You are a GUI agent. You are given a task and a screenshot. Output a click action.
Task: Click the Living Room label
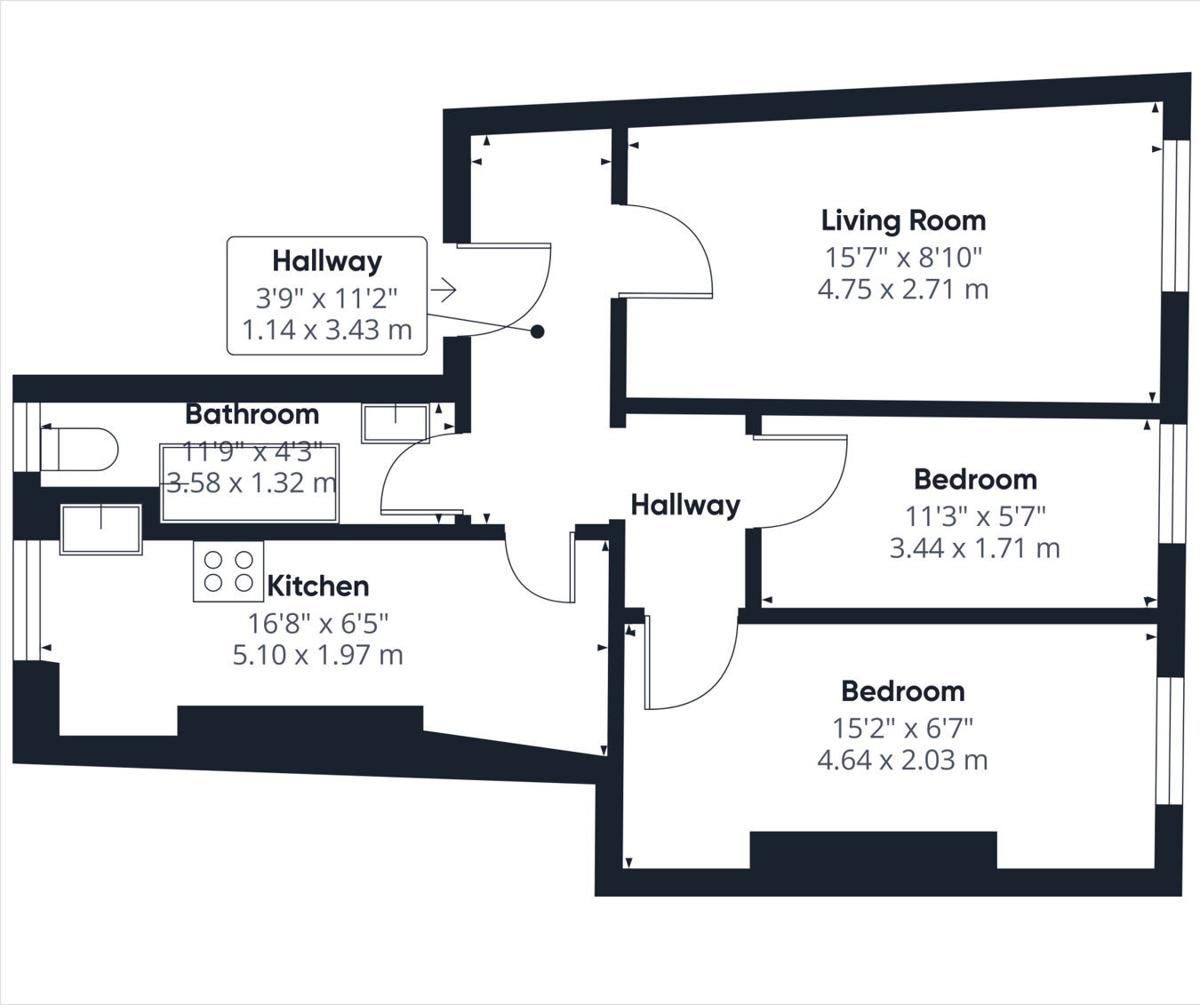pyautogui.click(x=903, y=220)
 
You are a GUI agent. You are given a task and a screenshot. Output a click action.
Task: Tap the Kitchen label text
pyautogui.click(x=317, y=586)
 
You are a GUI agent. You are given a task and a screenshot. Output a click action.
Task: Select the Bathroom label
pyautogui.click(x=252, y=414)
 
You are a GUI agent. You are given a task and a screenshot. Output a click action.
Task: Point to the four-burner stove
pyautogui.click(x=228, y=571)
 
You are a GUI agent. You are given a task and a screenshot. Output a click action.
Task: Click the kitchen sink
pyautogui.click(x=100, y=530)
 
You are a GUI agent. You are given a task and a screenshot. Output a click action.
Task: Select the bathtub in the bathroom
pyautogui.click(x=249, y=483)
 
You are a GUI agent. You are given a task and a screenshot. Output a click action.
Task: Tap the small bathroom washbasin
pyautogui.click(x=395, y=423)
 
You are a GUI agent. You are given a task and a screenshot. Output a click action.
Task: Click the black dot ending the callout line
pyautogui.click(x=538, y=331)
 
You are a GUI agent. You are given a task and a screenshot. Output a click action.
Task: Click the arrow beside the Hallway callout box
pyautogui.click(x=444, y=290)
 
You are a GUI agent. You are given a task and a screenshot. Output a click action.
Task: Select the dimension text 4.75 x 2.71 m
pyautogui.click(x=903, y=290)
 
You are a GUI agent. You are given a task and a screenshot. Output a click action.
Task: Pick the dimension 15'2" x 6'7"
pyautogui.click(x=902, y=728)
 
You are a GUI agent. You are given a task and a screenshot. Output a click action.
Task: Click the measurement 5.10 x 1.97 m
pyautogui.click(x=317, y=655)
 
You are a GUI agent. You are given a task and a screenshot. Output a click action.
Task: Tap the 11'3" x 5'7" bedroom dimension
pyautogui.click(x=975, y=515)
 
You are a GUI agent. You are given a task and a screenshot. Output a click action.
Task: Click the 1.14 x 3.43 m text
pyautogui.click(x=327, y=331)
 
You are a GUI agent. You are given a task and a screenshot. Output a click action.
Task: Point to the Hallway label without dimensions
pyautogui.click(x=685, y=506)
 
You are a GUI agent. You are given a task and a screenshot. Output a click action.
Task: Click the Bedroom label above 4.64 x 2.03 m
pyautogui.click(x=902, y=691)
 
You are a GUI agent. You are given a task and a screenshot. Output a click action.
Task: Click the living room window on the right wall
pyautogui.click(x=1176, y=215)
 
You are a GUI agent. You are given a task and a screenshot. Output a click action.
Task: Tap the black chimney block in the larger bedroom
pyautogui.click(x=873, y=849)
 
